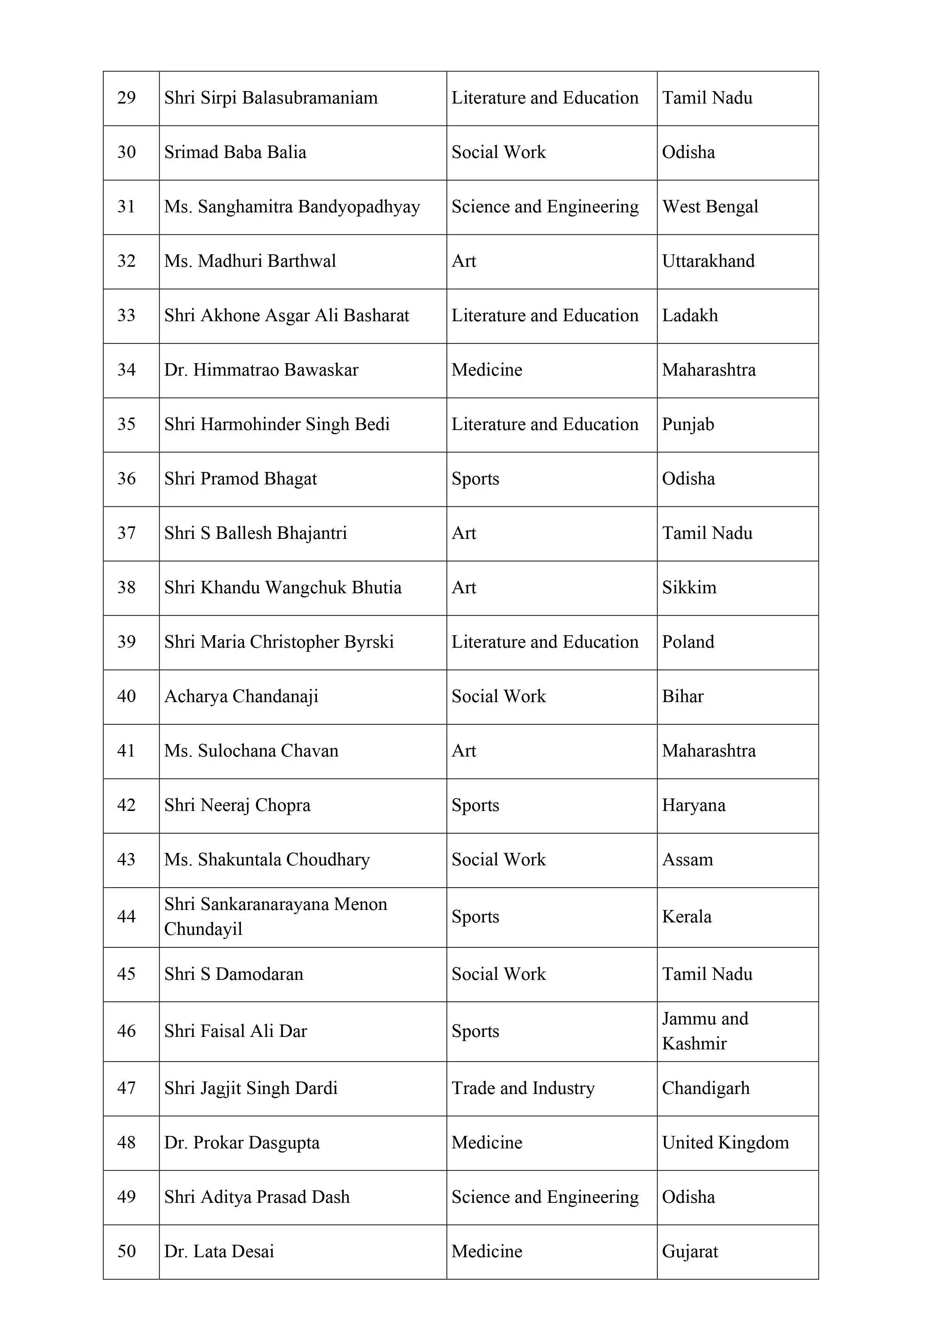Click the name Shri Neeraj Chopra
[237, 805]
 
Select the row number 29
[127, 97]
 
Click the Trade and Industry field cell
[522, 1088]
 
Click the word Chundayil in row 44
[203, 929]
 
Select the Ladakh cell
[690, 315]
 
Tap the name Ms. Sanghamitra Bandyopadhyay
[292, 207]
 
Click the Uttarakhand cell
[708, 261]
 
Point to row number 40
[127, 696]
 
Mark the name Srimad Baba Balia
[235, 152]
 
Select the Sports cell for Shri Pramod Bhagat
[475, 479]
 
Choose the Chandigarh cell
[705, 1088]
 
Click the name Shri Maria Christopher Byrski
[279, 642]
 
